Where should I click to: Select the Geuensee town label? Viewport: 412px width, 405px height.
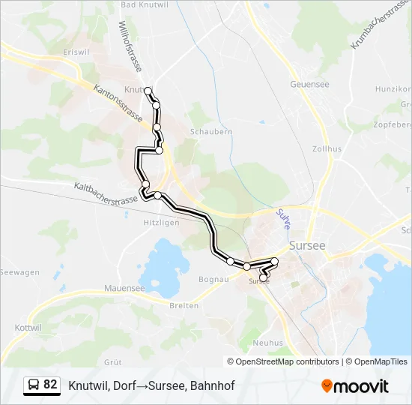(309, 84)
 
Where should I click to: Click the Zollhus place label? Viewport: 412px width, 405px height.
(327, 149)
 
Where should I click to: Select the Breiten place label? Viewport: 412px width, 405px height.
(184, 305)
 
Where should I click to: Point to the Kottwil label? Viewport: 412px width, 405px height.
(28, 328)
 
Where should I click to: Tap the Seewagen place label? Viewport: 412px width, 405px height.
(19, 272)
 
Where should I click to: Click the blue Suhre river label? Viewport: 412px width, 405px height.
(282, 220)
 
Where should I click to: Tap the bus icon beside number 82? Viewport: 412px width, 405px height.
(34, 385)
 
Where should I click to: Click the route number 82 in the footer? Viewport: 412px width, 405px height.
(51, 385)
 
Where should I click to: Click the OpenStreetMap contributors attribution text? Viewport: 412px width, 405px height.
(284, 361)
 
